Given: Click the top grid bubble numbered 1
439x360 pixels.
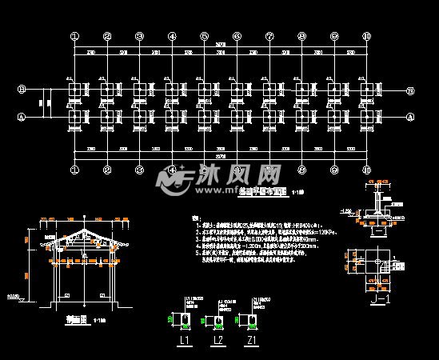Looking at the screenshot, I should tap(74, 36).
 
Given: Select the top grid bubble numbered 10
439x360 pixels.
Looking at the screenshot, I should tap(366, 36).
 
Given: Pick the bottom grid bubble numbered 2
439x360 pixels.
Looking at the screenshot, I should tap(106, 170).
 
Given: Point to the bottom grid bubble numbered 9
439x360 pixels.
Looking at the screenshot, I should tap(334, 170).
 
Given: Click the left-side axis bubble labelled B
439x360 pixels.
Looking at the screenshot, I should tap(22, 90).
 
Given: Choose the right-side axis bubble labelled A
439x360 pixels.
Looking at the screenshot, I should tap(411, 117).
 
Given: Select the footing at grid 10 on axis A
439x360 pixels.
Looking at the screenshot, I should tap(367, 118).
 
